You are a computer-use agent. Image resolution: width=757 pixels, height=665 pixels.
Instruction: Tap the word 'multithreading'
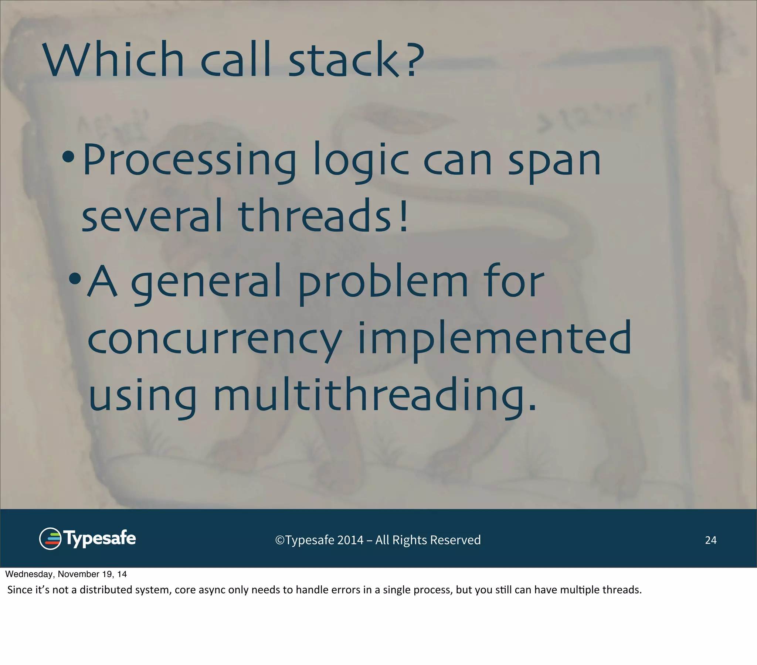click(x=374, y=396)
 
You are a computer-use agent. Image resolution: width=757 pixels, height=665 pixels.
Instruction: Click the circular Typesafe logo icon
click(x=50, y=539)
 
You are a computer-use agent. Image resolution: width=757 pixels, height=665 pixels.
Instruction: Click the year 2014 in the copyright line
click(x=350, y=540)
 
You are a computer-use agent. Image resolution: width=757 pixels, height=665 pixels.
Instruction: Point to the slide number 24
click(x=710, y=540)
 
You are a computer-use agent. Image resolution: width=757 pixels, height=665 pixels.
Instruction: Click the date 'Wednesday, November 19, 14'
click(x=66, y=574)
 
